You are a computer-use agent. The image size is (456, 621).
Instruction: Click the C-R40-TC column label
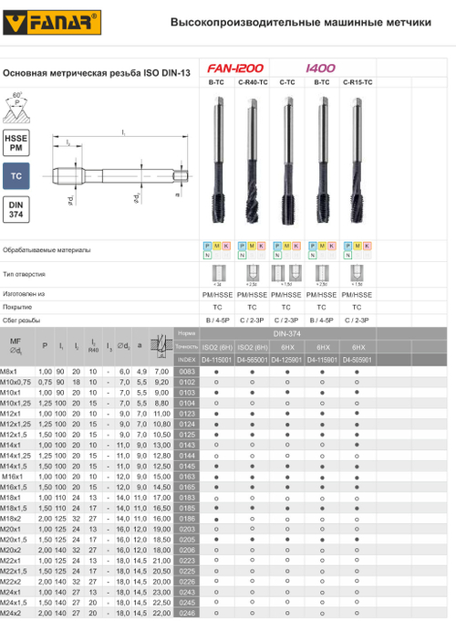[252, 83]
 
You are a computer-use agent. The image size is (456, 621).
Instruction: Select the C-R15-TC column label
[357, 83]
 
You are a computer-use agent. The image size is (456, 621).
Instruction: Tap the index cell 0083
[187, 372]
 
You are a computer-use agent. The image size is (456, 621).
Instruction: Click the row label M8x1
[11, 372]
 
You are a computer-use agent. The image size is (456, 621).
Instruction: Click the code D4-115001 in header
[216, 360]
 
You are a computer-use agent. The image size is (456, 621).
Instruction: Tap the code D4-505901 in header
[357, 360]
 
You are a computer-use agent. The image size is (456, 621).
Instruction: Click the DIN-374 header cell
[286, 334]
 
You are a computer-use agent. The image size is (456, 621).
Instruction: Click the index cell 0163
[187, 477]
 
